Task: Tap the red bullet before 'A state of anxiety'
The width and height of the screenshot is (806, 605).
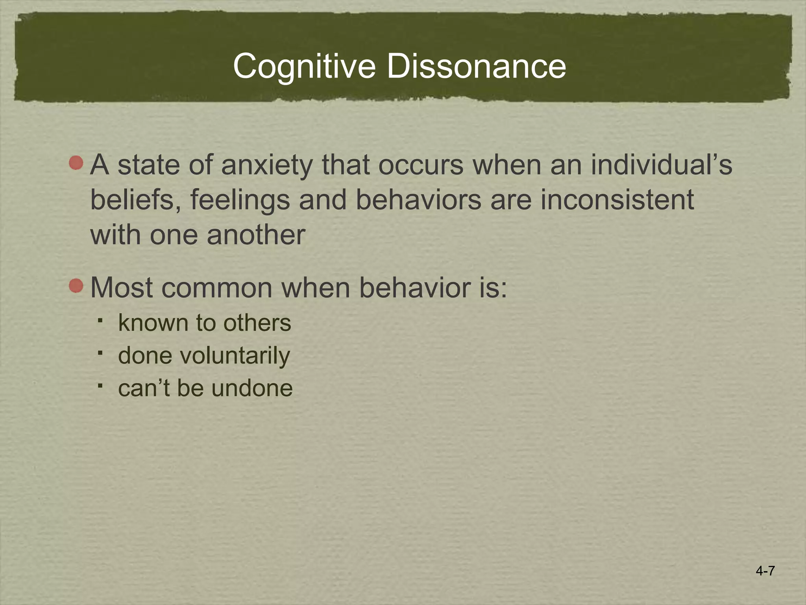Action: coord(76,163)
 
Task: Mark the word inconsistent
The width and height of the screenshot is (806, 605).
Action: coord(617,200)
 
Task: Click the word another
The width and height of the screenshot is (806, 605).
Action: coord(256,235)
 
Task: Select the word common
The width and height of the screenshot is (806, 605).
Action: coord(217,288)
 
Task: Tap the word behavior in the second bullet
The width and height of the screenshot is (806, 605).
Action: coord(414,288)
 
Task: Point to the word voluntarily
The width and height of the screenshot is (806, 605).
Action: coord(235,356)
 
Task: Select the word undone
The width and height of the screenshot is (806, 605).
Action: coord(252,388)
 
